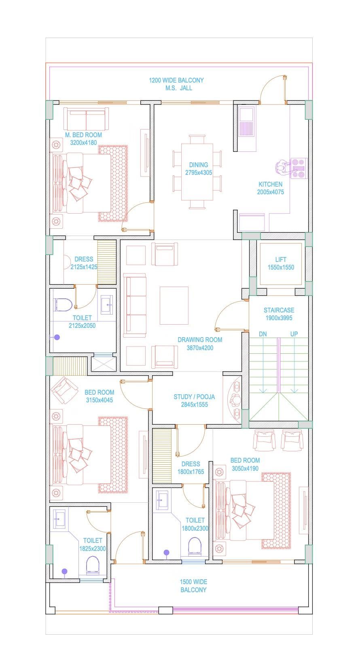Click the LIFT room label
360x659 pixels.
pos(281,259)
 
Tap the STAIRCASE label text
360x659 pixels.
pos(279,310)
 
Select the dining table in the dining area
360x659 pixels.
pos(197,172)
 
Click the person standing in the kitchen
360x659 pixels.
pos(282,168)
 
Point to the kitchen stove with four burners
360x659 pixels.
pos(299,168)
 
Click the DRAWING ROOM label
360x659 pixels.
pos(200,340)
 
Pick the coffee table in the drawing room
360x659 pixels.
pos(174,305)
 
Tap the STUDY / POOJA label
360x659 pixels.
pos(194,397)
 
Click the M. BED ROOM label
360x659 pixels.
pos(83,135)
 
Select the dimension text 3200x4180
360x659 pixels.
pos(83,142)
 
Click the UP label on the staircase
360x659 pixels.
pos(294,334)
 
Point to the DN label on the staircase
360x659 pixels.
pos(263,334)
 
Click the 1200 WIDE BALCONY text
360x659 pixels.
pos(176,80)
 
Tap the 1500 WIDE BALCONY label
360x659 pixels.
pos(193,582)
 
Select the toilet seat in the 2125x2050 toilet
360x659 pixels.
pos(63,305)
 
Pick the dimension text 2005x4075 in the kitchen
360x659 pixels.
pos(270,192)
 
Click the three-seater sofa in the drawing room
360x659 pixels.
pos(135,305)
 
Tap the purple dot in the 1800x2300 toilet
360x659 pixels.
pos(166,552)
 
